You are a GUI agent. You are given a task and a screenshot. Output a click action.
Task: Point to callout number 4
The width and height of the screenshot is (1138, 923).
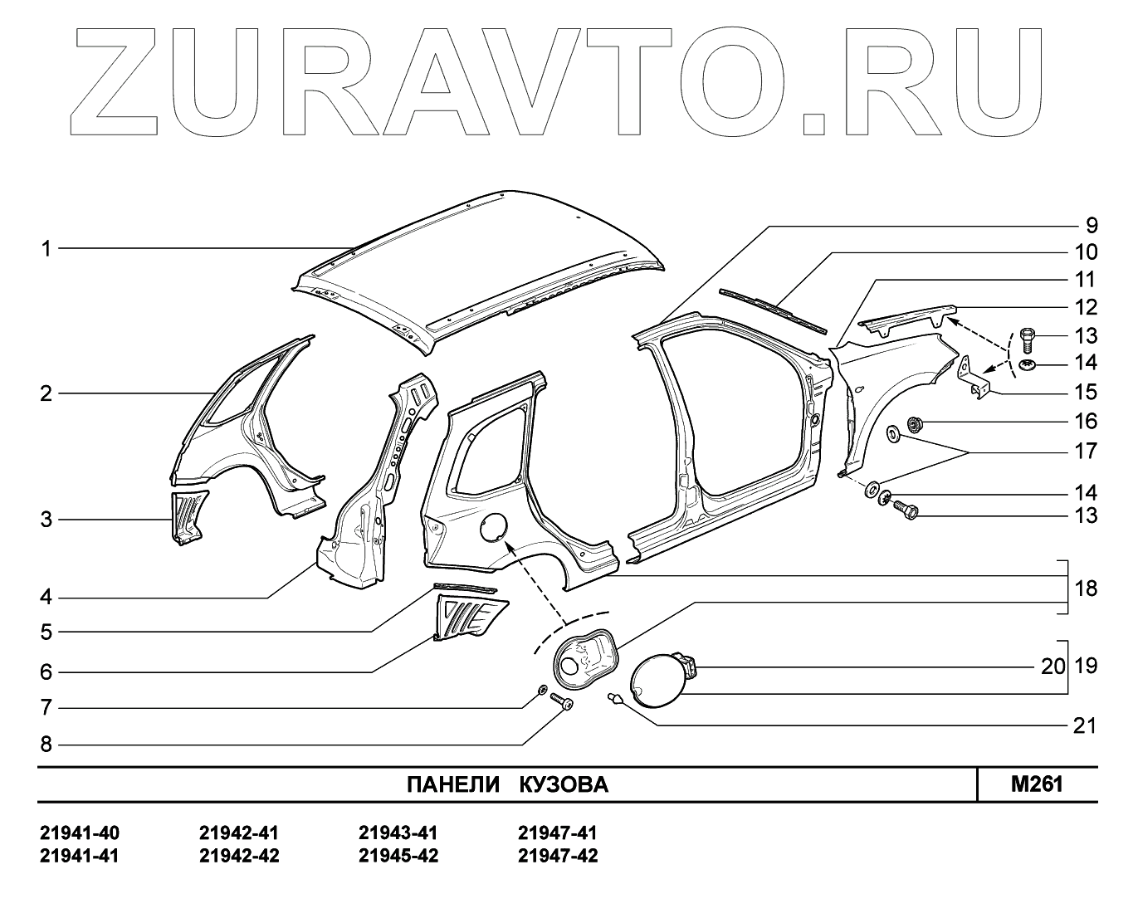click(46, 597)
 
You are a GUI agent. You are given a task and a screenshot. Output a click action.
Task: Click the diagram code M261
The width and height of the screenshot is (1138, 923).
click(1037, 784)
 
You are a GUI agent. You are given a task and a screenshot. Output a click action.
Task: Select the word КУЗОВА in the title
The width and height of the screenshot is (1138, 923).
click(564, 785)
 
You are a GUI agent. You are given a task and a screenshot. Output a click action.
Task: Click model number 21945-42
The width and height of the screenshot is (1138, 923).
click(398, 856)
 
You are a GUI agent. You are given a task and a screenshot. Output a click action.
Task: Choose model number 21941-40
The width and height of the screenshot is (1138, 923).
click(80, 833)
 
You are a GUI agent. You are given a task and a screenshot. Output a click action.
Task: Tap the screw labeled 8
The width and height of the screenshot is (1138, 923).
click(562, 705)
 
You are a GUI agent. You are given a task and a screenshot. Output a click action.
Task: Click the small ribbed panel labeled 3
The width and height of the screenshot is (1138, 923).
click(188, 515)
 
